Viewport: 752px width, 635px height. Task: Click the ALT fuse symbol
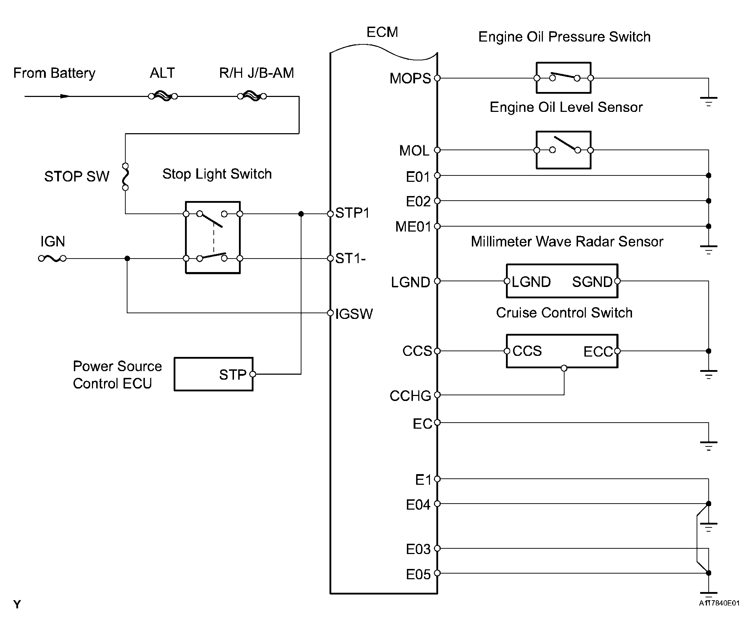point(163,96)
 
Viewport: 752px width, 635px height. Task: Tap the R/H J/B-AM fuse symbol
point(252,96)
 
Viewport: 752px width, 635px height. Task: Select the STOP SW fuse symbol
point(125,177)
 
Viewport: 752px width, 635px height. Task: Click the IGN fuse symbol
point(53,258)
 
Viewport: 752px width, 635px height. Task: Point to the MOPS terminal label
point(410,78)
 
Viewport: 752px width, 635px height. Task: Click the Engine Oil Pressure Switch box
point(563,78)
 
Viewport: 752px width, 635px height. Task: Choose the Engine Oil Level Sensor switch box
point(563,150)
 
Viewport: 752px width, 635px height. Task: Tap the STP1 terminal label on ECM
point(352,213)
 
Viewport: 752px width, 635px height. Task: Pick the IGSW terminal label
point(354,314)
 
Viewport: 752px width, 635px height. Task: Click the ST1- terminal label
point(350,259)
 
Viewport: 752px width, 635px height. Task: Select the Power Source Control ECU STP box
point(213,374)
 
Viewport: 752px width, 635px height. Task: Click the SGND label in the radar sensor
point(592,282)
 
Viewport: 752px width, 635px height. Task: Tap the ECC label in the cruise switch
point(598,351)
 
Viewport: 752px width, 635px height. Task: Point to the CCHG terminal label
point(410,396)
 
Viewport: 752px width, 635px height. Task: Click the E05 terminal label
point(418,575)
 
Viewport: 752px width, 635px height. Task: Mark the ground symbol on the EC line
point(708,445)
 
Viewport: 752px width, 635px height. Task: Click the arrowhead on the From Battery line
point(65,96)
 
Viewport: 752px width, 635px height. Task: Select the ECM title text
point(382,32)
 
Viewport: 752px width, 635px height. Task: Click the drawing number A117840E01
point(719,603)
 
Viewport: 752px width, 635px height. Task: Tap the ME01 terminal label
point(413,227)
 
